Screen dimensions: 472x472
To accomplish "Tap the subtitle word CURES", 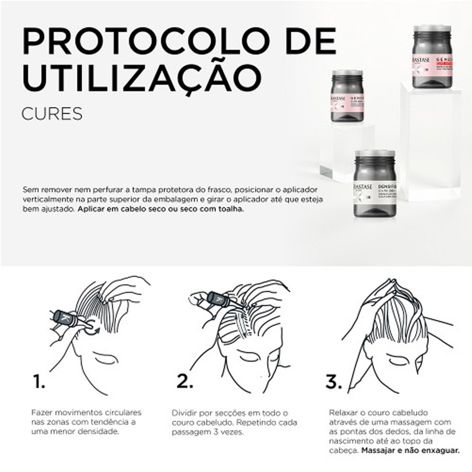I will coord(52,113).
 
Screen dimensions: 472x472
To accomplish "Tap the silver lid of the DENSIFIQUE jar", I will coord(375,153).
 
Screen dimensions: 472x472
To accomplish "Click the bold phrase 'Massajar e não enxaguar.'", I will coord(410,450).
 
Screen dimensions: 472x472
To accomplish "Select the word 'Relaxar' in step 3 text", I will coord(343,413).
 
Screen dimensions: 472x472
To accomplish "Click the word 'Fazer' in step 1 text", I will coord(42,413).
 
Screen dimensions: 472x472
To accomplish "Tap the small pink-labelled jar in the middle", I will coord(347,96).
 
